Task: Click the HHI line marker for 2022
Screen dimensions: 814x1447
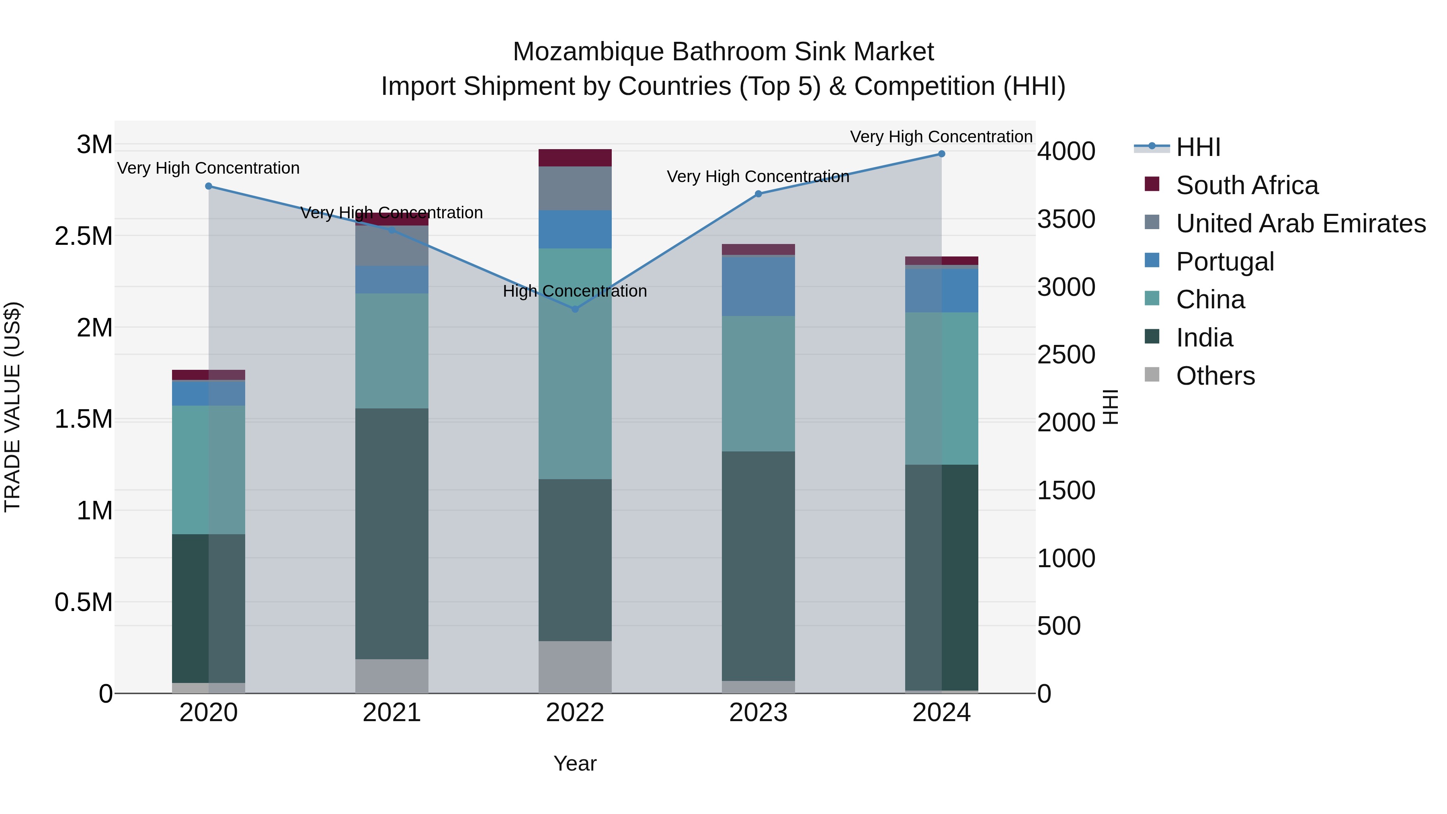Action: (575, 309)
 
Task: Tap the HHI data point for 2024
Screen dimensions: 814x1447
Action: (941, 154)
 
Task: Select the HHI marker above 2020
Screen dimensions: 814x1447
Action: (208, 186)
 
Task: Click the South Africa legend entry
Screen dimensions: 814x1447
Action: (1246, 185)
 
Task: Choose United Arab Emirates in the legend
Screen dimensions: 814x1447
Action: (1300, 223)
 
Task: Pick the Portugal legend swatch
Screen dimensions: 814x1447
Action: (1152, 260)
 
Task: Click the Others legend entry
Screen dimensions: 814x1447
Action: (1215, 376)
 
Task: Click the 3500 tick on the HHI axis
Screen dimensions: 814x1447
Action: (1066, 219)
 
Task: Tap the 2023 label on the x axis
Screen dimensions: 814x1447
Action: (758, 713)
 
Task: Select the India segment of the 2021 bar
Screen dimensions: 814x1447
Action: (391, 534)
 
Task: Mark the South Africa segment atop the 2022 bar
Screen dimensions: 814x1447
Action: (575, 158)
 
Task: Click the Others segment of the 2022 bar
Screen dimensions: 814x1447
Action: (575, 667)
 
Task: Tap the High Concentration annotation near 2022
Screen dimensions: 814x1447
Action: (575, 291)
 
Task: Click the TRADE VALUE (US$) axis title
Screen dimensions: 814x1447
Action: (12, 407)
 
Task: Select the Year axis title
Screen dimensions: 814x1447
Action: (575, 763)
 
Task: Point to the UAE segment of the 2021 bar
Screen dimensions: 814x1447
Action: (391, 246)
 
